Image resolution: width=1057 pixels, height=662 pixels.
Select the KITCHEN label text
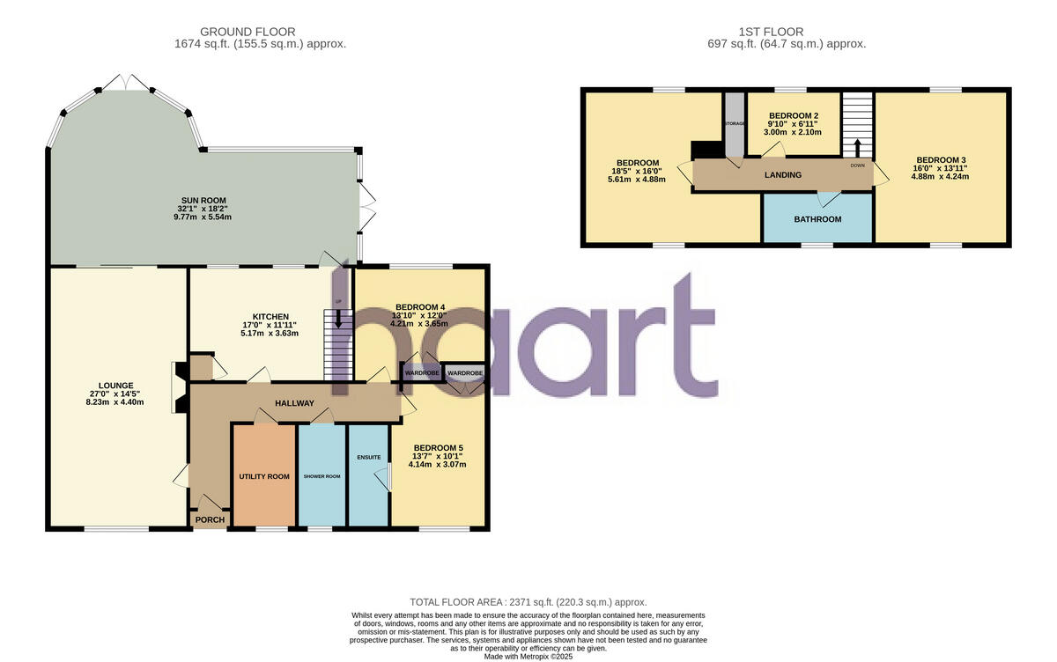click(271, 317)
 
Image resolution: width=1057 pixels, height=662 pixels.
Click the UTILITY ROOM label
click(264, 476)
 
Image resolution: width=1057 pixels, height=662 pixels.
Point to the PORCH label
click(211, 519)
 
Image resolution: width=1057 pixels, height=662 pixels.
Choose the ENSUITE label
click(368, 457)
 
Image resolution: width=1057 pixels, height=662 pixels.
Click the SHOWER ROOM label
click(322, 476)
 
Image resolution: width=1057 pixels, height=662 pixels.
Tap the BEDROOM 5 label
click(438, 447)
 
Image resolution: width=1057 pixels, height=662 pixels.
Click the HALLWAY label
click(293, 403)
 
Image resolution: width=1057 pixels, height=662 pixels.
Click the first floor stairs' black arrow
click(857, 143)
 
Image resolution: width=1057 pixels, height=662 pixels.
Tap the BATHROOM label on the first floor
click(817, 219)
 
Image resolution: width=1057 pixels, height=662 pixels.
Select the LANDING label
click(782, 174)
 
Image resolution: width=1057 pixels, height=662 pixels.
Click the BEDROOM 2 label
click(794, 116)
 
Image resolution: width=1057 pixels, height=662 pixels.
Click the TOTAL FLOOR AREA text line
click(528, 601)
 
